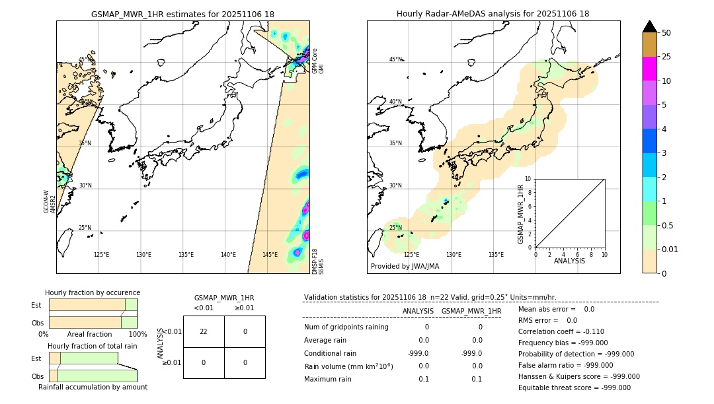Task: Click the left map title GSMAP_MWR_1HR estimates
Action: [182, 14]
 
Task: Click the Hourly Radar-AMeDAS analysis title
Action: [493, 14]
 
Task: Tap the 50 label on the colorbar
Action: [666, 33]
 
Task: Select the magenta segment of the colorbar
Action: [650, 69]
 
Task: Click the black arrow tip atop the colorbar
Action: [650, 26]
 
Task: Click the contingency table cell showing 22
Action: [204, 331]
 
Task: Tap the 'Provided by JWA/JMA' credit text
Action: [405, 267]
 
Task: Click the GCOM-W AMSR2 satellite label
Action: [49, 201]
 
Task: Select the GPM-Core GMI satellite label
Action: [318, 60]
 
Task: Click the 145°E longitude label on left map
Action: [270, 255]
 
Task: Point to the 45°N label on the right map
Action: [395, 59]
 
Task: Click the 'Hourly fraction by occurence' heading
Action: [93, 292]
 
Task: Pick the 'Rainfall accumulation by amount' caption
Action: [93, 387]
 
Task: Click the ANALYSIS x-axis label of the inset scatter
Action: [569, 261]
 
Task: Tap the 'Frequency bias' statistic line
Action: [563, 343]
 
